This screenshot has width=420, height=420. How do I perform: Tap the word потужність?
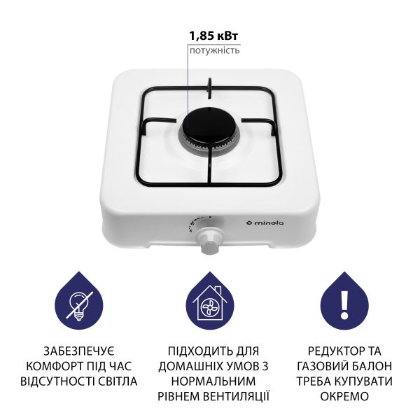click(214, 50)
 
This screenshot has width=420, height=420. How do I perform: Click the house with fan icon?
click(209, 306)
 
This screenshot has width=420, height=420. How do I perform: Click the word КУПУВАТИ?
click(360, 381)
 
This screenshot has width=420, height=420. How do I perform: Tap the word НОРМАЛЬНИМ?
click(209, 381)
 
